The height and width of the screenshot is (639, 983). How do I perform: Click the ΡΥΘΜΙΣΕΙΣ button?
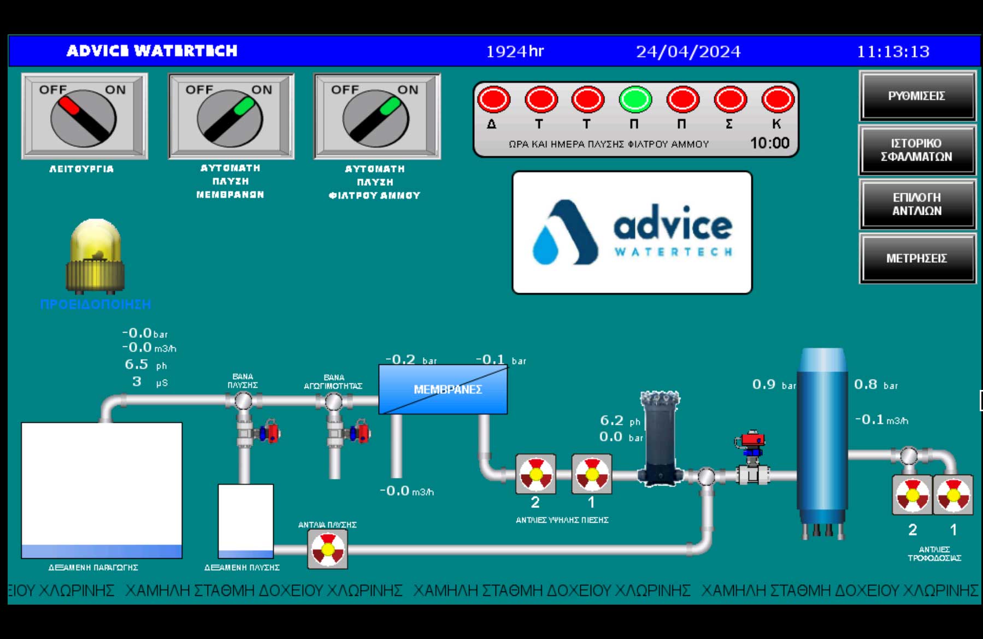point(917,96)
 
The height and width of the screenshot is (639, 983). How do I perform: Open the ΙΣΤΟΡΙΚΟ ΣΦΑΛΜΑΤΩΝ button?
point(917,150)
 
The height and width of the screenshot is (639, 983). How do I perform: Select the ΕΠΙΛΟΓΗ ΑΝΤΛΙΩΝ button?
point(917,204)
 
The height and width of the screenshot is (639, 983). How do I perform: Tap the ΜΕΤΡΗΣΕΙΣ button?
point(917,258)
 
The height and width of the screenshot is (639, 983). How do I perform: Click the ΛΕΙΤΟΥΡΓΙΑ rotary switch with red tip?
point(84,117)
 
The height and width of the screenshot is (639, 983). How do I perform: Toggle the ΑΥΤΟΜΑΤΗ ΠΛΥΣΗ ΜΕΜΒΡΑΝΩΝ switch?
point(230,117)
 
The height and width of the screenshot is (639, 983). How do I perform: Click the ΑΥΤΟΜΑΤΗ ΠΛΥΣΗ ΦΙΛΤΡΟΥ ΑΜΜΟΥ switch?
point(376,117)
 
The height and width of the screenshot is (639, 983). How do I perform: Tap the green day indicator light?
point(635,99)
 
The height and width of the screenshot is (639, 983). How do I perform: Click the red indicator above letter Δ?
point(493,99)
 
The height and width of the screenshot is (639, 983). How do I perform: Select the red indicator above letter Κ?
point(778,99)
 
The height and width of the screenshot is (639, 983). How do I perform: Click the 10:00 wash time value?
point(769,143)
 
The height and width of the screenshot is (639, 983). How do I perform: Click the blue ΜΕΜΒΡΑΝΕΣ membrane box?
point(443,389)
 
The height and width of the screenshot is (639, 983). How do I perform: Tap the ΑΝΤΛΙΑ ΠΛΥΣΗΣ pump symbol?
point(327,548)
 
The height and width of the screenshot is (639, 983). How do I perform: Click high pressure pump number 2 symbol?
point(535,474)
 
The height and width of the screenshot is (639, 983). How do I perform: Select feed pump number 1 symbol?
point(953,495)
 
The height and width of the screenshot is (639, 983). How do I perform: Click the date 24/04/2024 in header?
point(688,51)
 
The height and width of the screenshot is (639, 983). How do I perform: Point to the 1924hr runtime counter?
point(515,51)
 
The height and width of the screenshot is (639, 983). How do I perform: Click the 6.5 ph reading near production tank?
point(137,364)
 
